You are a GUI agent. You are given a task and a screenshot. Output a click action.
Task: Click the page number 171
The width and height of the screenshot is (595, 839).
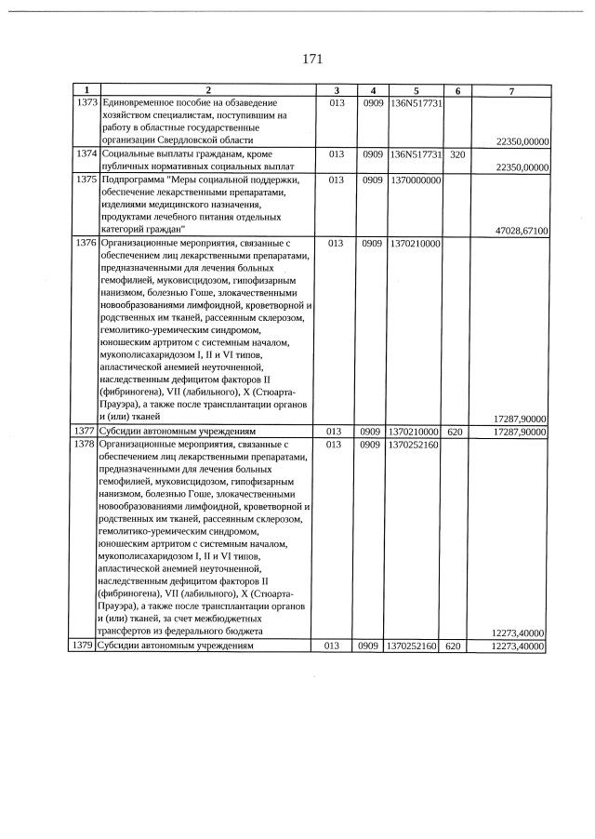coord(312,60)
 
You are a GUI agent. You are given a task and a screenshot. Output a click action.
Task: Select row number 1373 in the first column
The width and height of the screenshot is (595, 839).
coord(86,102)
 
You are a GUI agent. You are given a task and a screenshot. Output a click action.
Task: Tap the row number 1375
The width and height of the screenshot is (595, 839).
coord(86,179)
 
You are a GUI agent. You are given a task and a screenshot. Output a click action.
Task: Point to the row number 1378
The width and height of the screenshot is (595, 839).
coord(86,446)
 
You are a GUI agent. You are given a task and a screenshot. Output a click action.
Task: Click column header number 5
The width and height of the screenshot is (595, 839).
coord(416,90)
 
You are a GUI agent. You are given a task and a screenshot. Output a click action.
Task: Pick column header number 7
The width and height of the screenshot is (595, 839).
coord(510,90)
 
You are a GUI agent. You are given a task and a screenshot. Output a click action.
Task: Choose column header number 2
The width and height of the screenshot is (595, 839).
coord(207,90)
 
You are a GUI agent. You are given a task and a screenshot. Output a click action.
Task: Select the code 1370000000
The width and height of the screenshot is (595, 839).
coord(416,179)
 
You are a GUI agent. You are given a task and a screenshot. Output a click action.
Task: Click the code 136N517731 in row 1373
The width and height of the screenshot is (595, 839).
coord(416,102)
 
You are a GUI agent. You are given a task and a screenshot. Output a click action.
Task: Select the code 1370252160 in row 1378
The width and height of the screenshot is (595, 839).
coord(416,446)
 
